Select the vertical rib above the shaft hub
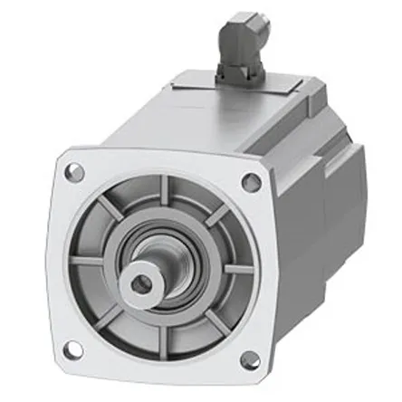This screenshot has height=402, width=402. click(164, 195)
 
